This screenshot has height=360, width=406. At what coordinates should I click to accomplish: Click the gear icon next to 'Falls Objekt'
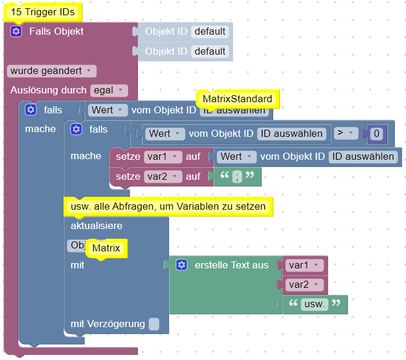tap(16, 32)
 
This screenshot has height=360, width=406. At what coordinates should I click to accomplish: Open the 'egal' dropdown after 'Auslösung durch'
tap(109, 90)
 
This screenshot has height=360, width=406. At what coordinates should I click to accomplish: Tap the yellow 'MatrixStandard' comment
tap(237, 98)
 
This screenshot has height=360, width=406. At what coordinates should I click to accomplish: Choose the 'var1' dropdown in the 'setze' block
tap(163, 157)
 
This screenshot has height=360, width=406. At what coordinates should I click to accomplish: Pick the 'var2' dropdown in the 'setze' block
tap(163, 176)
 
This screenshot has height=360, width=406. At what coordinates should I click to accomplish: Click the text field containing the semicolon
tap(237, 177)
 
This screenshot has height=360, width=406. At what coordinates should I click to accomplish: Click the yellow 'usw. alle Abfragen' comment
tap(169, 207)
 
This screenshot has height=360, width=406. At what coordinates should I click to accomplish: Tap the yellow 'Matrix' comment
tap(106, 248)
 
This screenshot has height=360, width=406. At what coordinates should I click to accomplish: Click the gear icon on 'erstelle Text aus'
tap(182, 265)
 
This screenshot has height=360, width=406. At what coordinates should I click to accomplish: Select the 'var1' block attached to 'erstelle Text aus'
tap(305, 265)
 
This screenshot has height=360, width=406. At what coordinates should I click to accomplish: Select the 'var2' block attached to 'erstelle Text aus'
tap(305, 285)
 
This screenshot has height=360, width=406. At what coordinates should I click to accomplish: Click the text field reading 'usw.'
tap(314, 304)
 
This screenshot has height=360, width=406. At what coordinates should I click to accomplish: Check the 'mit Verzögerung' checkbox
tap(153, 324)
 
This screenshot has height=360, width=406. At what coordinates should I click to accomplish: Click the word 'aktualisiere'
tap(96, 226)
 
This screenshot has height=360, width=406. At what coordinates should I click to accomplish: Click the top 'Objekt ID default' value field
tap(210, 32)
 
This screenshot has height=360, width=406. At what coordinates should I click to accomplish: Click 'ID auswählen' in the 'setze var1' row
tap(363, 157)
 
